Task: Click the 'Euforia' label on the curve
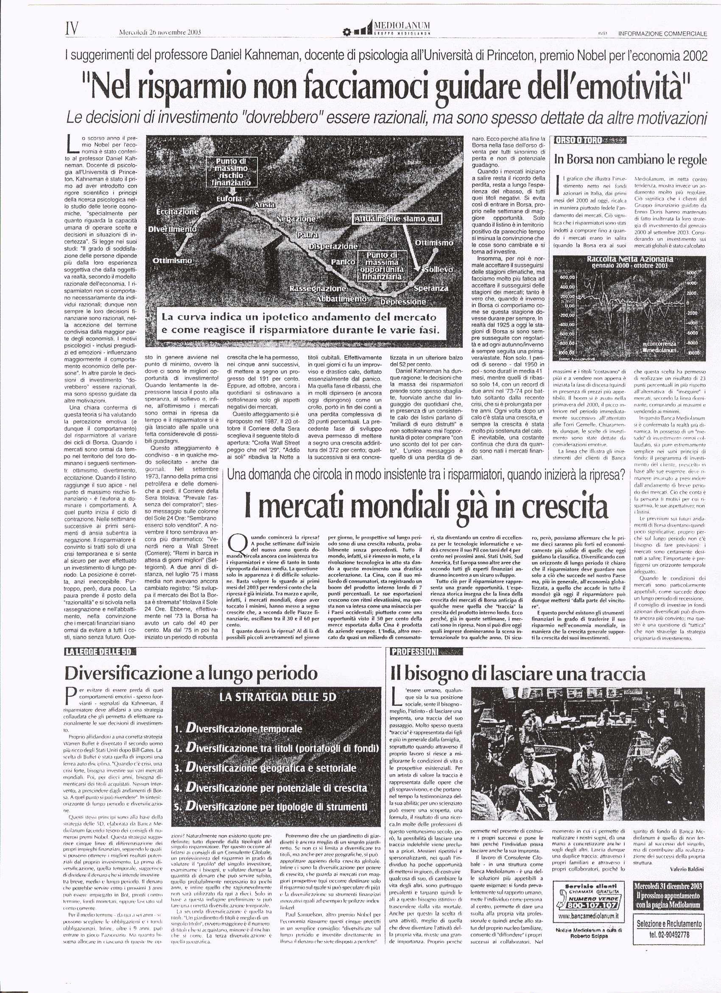pyautogui.click(x=229, y=198)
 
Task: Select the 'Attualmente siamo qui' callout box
pyautogui.click(x=397, y=219)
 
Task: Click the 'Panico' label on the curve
pyautogui.click(x=343, y=261)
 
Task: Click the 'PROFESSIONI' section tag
pyautogui.click(x=414, y=652)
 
